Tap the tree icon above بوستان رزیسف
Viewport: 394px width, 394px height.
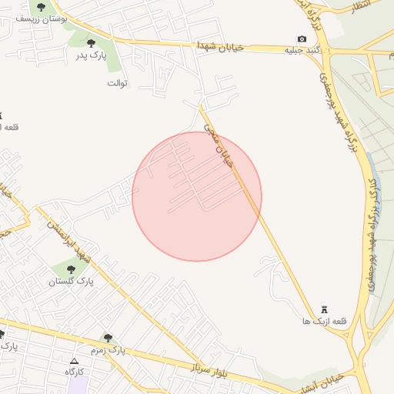tap(42, 6)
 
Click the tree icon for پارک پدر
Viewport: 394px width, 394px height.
tap(92, 44)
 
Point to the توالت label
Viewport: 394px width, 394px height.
tap(117, 82)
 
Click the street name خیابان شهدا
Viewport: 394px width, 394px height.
tap(219, 46)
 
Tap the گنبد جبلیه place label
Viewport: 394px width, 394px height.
tap(302, 50)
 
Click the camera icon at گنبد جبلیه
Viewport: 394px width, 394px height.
tap(302, 39)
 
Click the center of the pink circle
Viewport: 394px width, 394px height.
tap(197, 196)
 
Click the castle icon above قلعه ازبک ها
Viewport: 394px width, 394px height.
tap(323, 309)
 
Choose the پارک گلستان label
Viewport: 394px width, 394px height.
tap(71, 281)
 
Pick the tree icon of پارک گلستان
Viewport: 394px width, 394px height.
tap(71, 269)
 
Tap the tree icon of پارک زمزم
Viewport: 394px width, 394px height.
tap(108, 338)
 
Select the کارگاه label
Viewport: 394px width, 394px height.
tap(74, 372)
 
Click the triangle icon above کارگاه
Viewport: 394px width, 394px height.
tap(74, 361)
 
